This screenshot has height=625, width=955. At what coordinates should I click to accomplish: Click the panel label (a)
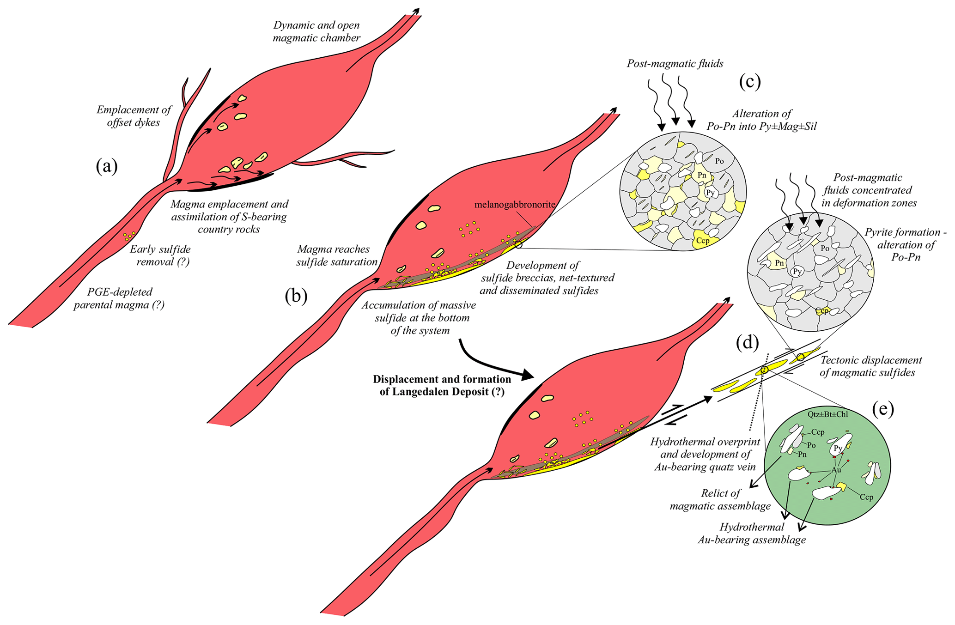107,166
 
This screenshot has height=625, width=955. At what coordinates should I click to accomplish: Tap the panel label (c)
749,81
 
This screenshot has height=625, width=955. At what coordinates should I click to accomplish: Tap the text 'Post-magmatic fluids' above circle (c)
675,64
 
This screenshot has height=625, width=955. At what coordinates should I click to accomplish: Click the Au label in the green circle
836,470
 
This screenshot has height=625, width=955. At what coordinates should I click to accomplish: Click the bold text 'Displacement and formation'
442,379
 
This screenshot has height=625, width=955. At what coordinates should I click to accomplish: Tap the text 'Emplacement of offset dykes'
134,116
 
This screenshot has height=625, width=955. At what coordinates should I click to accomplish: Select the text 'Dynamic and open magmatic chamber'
316,31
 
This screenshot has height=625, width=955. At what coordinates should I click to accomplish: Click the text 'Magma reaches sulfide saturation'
337,255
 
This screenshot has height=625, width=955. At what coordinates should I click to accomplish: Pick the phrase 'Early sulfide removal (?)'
160,255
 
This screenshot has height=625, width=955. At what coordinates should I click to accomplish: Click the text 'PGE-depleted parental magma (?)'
119,298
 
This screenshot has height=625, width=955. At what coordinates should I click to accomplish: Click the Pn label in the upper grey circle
702,175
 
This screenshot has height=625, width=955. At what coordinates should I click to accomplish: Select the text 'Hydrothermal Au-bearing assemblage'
752,534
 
